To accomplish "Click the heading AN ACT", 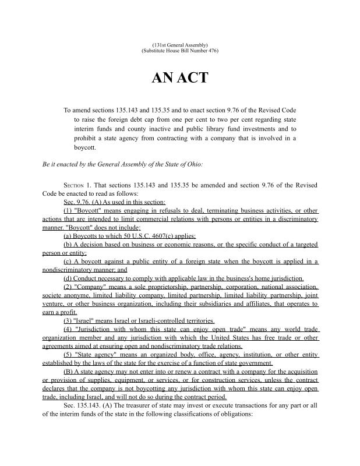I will (179, 78).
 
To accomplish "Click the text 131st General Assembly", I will (179, 45).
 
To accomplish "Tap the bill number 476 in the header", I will (213, 51).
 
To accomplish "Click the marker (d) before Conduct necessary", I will (68, 278).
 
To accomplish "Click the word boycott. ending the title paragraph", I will (86, 148).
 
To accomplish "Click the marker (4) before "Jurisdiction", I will (68, 329).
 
